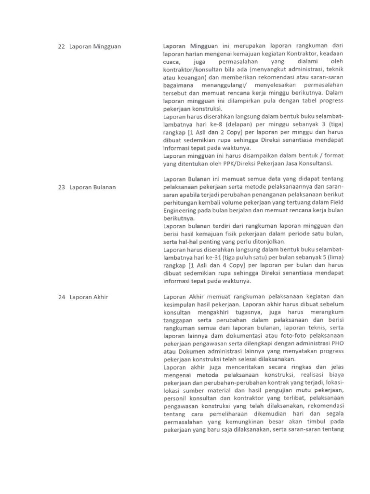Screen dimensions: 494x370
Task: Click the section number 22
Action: tap(61, 47)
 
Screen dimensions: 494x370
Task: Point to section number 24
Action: tap(61, 297)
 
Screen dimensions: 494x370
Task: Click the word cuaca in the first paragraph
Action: tap(172, 62)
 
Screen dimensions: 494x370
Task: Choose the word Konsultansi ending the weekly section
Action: tap(326, 164)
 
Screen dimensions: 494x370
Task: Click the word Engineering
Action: tap(178, 211)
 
